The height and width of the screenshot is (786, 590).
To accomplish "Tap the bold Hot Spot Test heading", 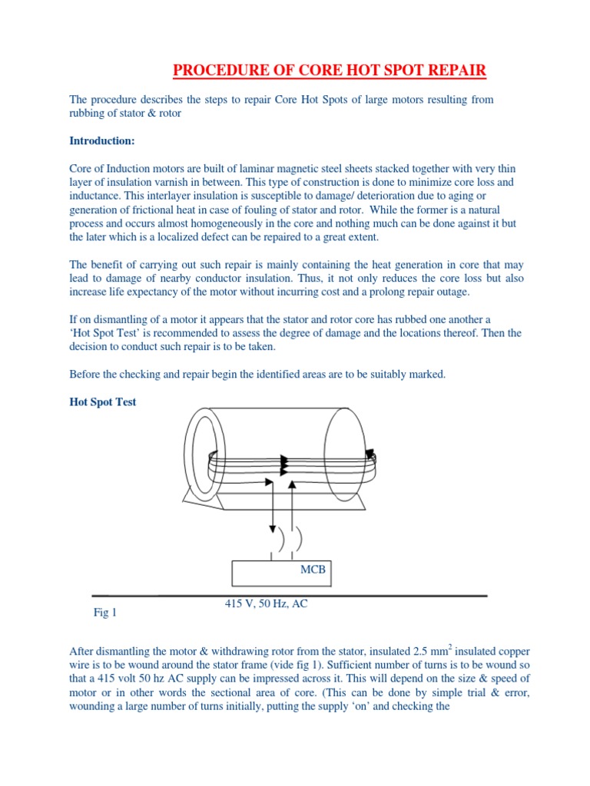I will pos(103,401).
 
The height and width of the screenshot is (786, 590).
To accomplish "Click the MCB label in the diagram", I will pos(313,571).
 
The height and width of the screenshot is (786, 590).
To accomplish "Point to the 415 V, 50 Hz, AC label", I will pos(266,604).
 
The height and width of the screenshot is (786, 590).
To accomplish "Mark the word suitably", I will pos(390,374).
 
